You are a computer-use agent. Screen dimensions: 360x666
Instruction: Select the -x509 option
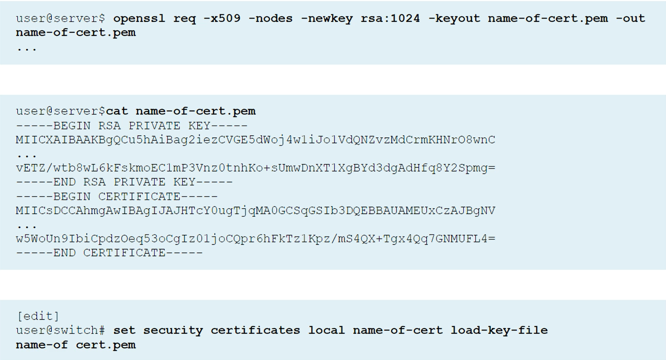tap(222, 19)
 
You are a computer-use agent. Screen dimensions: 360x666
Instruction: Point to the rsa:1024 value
tap(390, 19)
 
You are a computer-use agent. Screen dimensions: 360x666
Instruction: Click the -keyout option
tap(454, 19)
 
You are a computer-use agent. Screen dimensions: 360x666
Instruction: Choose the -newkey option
tap(326, 19)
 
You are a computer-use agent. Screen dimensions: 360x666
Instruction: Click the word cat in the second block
tap(117, 111)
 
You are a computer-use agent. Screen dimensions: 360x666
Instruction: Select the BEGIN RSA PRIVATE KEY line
tap(131, 126)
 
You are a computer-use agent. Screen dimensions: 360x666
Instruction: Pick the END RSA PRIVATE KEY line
tap(124, 182)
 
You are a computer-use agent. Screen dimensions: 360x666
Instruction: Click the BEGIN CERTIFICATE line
tap(117, 196)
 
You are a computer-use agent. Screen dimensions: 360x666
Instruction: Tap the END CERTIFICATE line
tap(109, 253)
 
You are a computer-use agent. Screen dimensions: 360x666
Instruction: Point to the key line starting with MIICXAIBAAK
tap(255, 140)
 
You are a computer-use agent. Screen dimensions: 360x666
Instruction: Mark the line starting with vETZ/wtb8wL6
tap(255, 168)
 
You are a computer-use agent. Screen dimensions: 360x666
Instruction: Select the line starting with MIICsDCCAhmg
tap(255, 211)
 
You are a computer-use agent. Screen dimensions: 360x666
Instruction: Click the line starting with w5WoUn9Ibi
tap(255, 239)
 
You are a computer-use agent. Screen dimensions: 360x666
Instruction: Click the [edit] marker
tap(38, 316)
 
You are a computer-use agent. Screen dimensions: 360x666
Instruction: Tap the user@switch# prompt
tap(60, 330)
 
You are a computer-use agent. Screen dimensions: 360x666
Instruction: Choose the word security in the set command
tap(173, 330)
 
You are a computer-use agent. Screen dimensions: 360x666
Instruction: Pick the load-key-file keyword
tap(499, 330)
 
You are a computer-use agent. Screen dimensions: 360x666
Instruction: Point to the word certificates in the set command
tap(255, 330)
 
